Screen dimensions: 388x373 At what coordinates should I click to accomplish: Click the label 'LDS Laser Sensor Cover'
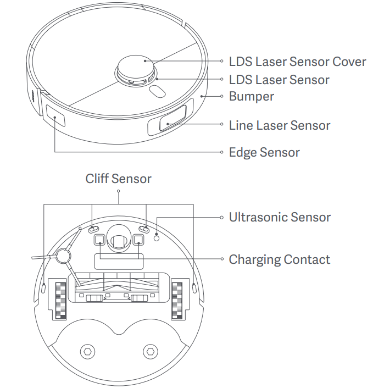(x=297, y=61)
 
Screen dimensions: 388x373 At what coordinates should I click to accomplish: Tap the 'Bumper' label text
(x=251, y=96)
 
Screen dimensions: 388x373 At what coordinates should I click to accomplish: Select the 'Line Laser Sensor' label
(x=279, y=125)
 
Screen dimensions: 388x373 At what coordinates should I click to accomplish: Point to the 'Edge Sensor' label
(x=264, y=152)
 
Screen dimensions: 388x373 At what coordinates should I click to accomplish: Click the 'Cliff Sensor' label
(x=118, y=179)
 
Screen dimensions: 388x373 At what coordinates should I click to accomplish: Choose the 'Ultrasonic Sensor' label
(x=280, y=217)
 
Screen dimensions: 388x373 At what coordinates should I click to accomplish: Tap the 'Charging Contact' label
(x=279, y=259)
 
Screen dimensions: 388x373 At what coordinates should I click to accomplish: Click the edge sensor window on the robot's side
(x=55, y=117)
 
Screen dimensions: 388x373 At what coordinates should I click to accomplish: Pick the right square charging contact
(x=137, y=240)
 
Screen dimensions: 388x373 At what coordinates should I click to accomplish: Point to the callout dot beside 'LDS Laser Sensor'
(x=222, y=80)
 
